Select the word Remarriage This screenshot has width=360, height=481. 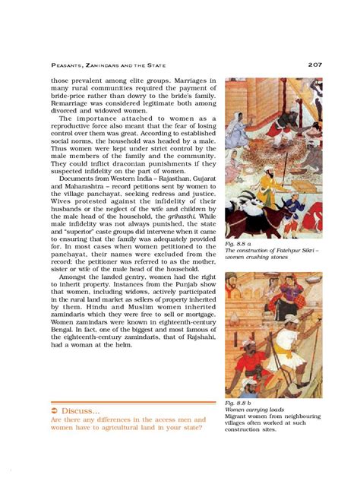coord(74,97)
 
